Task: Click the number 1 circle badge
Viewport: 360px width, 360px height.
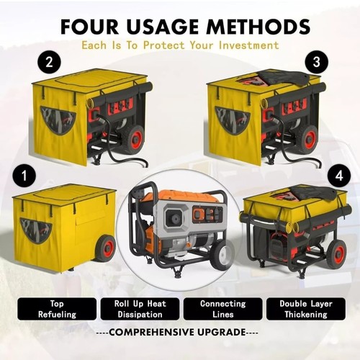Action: pyautogui.click(x=25, y=175)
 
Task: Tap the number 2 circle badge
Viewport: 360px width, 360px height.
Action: pyautogui.click(x=49, y=63)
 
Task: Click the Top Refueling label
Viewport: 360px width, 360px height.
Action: pyautogui.click(x=57, y=309)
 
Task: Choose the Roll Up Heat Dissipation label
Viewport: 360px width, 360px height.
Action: pyautogui.click(x=139, y=309)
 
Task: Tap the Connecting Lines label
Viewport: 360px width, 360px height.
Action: pyautogui.click(x=222, y=309)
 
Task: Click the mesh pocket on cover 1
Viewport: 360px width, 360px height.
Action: pyautogui.click(x=35, y=230)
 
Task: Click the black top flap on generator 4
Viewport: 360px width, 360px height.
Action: pyautogui.click(x=312, y=192)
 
